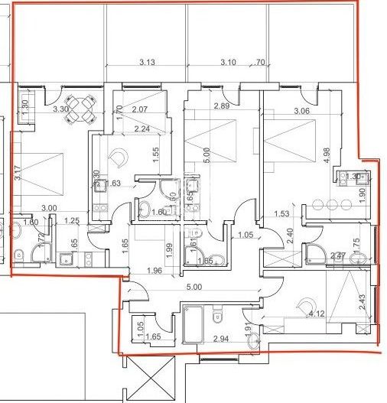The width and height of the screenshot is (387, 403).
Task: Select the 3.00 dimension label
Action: [49, 207]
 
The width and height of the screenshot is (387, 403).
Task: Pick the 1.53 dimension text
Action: [281, 214]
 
